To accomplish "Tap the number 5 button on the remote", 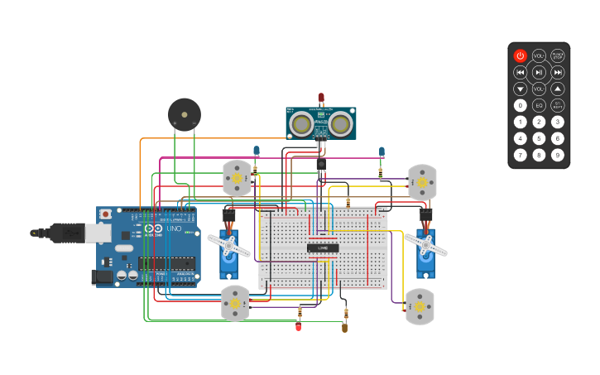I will (539, 138).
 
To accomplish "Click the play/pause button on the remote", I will (539, 72).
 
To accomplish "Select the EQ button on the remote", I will (539, 105).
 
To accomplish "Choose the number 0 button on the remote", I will (520, 105).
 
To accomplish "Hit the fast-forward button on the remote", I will (558, 72).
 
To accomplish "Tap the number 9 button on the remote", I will (558, 155).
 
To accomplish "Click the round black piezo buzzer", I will (184, 114).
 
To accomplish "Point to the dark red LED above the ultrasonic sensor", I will (321, 98).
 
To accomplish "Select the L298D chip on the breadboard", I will (323, 248).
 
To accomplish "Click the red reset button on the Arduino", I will (105, 214).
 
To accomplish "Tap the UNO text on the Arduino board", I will (174, 228).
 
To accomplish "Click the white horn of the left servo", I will (228, 244).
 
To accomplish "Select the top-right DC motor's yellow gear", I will (422, 181).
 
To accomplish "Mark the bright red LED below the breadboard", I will (299, 327).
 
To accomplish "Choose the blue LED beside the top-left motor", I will (257, 151).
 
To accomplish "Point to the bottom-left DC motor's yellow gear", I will (235, 304).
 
